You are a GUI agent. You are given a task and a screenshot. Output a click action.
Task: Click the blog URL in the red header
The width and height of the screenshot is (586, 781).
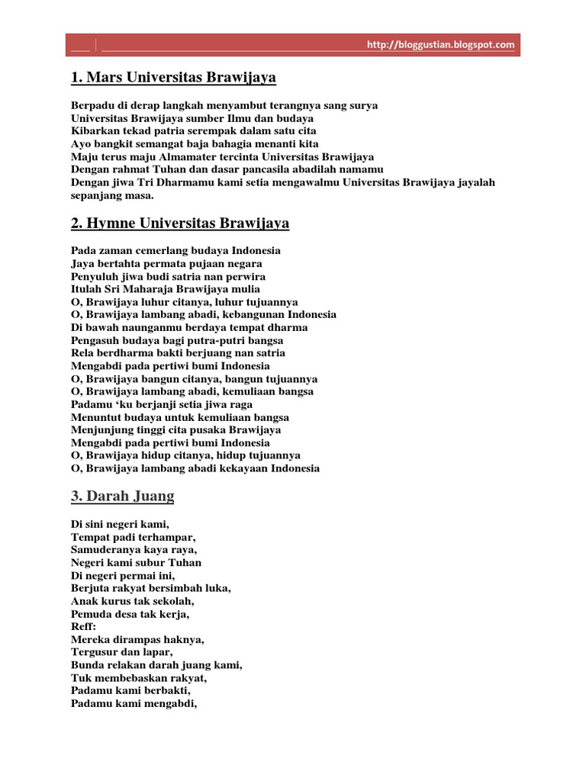coord(441,45)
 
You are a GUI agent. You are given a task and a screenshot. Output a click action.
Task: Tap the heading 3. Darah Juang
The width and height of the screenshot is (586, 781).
coord(123,497)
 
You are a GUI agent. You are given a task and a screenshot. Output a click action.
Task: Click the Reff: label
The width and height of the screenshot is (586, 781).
coord(84,627)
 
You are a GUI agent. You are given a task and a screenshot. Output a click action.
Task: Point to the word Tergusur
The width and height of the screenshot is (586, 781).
coord(95,652)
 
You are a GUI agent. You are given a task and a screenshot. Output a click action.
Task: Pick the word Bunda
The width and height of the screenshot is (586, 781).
coord(86,665)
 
